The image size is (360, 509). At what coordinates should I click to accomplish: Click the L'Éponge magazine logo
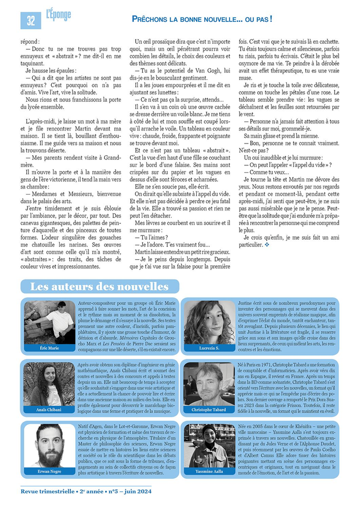[x=58, y=14]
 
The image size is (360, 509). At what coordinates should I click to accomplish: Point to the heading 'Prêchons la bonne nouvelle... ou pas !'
[x=202, y=19]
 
